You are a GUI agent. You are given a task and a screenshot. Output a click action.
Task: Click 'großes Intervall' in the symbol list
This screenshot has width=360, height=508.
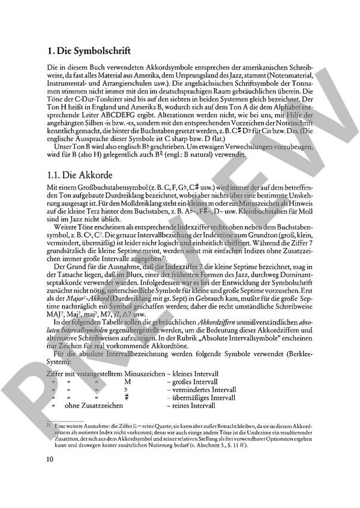tap(191, 381)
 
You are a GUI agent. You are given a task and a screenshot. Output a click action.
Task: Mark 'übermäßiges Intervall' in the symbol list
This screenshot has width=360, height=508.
tap(200, 398)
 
